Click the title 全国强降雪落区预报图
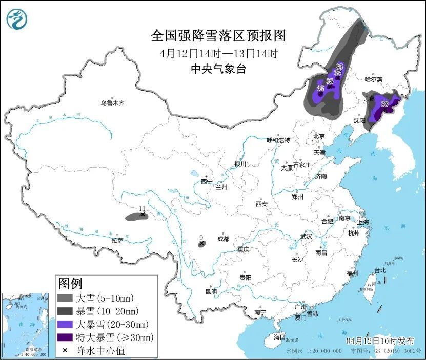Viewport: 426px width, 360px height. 218,36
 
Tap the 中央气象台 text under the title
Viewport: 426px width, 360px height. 218,69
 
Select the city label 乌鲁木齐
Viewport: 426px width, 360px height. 112,103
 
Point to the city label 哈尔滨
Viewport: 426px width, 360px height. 373,79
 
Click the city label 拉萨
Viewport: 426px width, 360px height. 117,240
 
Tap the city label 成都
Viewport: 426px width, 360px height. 223,238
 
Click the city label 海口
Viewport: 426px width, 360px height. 279,337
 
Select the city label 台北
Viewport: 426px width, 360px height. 379,270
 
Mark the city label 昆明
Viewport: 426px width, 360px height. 211,291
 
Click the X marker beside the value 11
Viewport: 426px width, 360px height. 143,215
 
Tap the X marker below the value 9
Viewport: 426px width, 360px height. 201,244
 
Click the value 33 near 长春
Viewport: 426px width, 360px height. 385,103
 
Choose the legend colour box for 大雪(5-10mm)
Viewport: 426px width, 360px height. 65,298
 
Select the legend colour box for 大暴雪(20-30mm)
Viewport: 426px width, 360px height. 65,324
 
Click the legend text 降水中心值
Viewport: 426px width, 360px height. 100,351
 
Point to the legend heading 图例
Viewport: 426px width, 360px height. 70,283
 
